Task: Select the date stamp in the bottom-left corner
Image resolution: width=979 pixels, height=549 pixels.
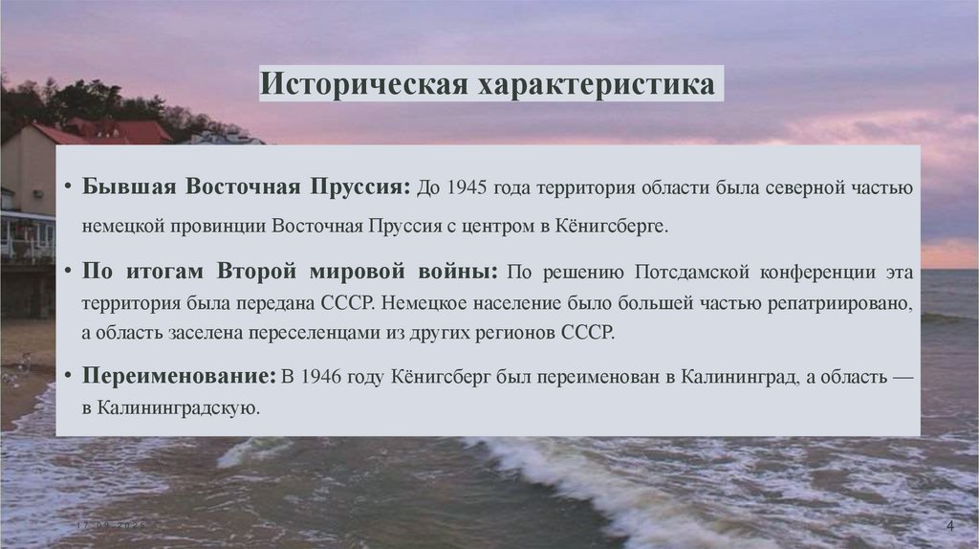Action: coord(112,527)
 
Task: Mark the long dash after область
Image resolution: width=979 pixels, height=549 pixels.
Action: coord(902,376)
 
